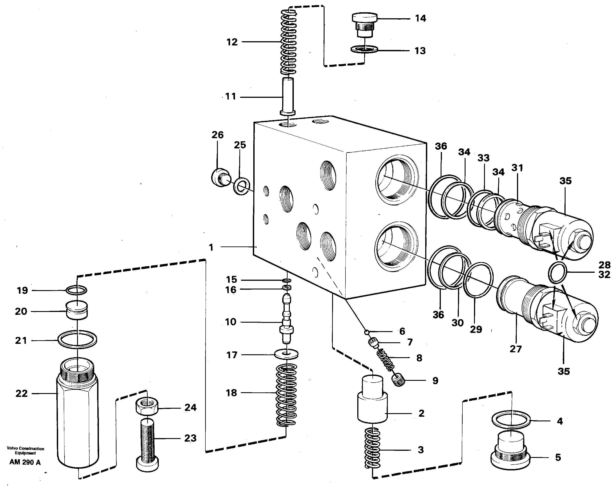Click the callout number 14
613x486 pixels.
pyautogui.click(x=420, y=18)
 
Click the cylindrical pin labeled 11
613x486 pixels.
pyautogui.click(x=288, y=97)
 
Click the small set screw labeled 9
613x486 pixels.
pyautogui.click(x=398, y=380)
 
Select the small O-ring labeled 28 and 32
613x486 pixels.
pyautogui.click(x=557, y=273)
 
